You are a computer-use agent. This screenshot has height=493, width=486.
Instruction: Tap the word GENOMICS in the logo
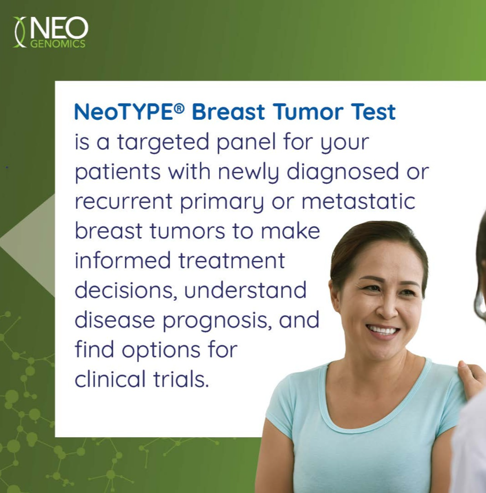pyautogui.click(x=58, y=43)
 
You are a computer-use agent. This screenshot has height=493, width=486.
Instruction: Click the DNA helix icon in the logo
pyautogui.click(x=20, y=32)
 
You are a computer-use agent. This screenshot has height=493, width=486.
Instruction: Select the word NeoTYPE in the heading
pyautogui.click(x=123, y=112)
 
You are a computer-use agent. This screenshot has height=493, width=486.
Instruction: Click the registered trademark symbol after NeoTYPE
pyautogui.click(x=179, y=108)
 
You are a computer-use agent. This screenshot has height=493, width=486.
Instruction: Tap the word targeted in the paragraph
pyautogui.click(x=163, y=143)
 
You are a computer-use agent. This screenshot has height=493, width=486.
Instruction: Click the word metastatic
pyautogui.click(x=358, y=201)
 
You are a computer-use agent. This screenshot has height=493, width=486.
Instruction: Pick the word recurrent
pyautogui.click(x=123, y=201)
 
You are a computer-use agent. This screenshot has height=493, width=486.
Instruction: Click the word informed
pyautogui.click(x=123, y=260)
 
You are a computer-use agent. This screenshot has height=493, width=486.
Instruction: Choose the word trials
pyautogui.click(x=181, y=379)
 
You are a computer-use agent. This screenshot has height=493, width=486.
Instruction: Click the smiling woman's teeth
pyautogui.click(x=383, y=330)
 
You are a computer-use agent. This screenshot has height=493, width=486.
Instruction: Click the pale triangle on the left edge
pyautogui.click(x=28, y=245)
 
